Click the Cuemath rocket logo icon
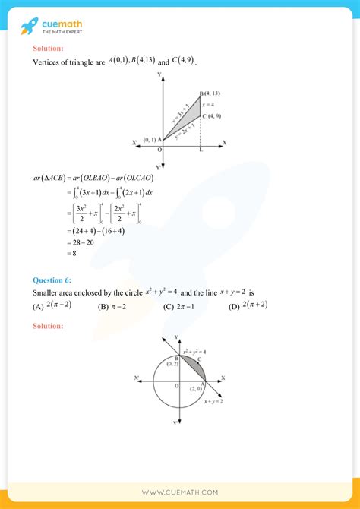pyautogui.click(x=29, y=27)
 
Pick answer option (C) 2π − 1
pyautogui.click(x=178, y=306)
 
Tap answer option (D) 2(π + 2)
pyautogui.click(x=248, y=305)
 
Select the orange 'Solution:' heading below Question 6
pyautogui.click(x=48, y=325)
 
